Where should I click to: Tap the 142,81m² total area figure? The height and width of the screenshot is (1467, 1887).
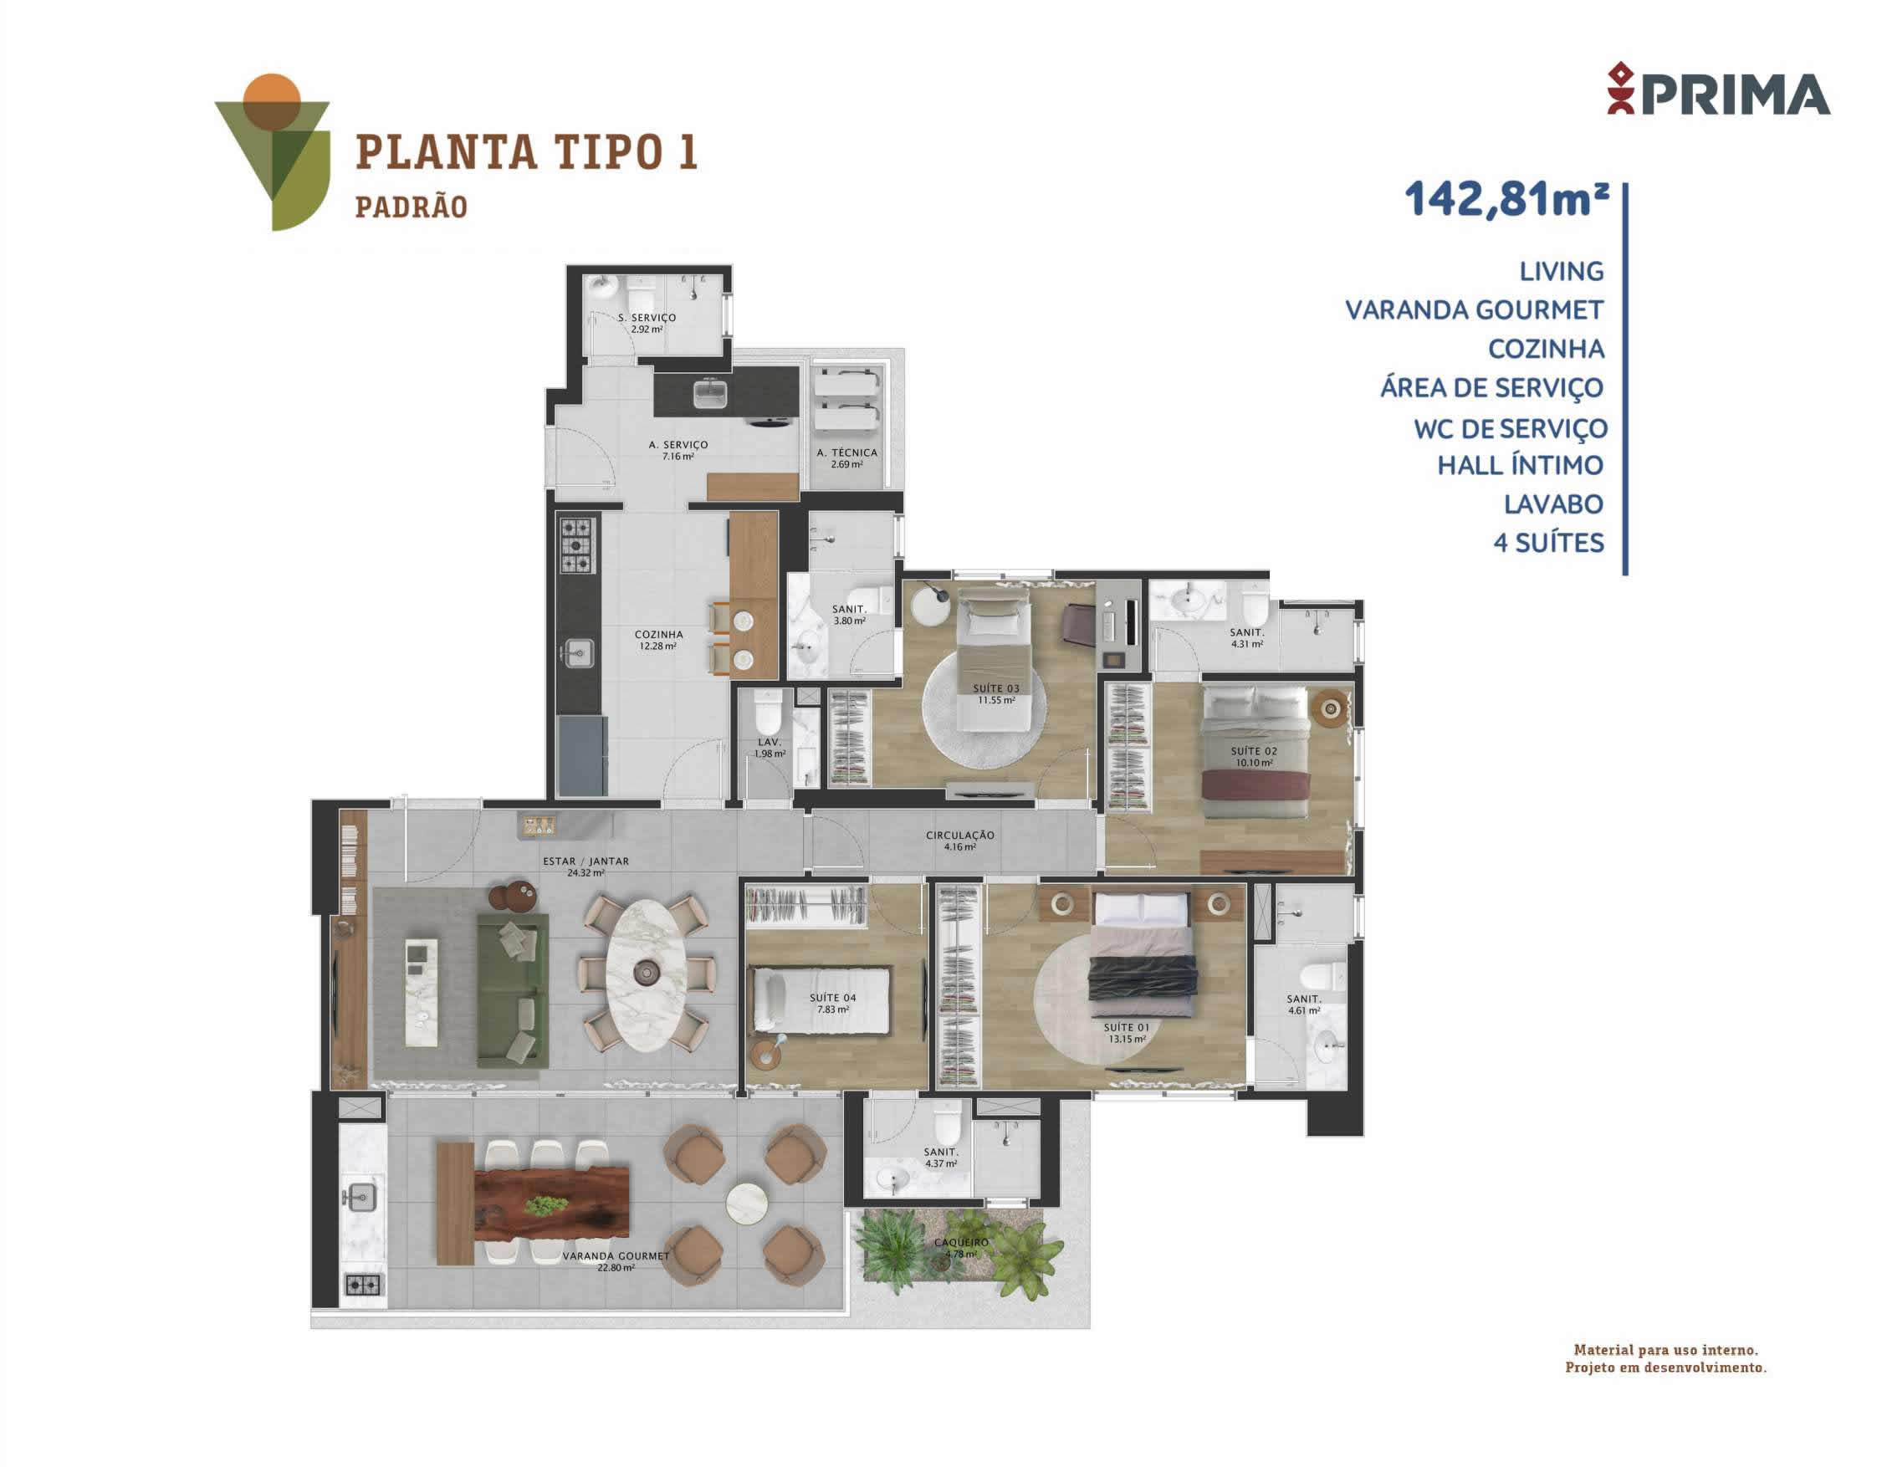coord(1506,199)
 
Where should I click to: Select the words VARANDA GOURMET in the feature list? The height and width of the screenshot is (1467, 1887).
coord(1474,309)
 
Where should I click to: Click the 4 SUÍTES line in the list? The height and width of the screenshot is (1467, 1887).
coord(1548,543)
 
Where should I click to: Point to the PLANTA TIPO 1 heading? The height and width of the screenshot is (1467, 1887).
coord(526,152)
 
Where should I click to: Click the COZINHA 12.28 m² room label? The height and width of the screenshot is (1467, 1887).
coord(658,639)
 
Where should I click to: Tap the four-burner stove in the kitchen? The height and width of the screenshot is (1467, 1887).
coord(577,544)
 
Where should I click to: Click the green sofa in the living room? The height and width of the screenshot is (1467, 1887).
coord(513,989)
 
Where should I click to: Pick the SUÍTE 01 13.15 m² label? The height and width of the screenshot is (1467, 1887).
coord(1127,1033)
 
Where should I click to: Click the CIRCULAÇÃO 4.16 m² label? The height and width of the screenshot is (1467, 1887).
coord(960,841)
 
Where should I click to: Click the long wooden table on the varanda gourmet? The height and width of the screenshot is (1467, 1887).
coord(551,1203)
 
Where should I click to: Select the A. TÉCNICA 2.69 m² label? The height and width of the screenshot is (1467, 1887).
coord(846,457)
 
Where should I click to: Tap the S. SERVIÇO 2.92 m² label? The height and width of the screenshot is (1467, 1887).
coord(647,323)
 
